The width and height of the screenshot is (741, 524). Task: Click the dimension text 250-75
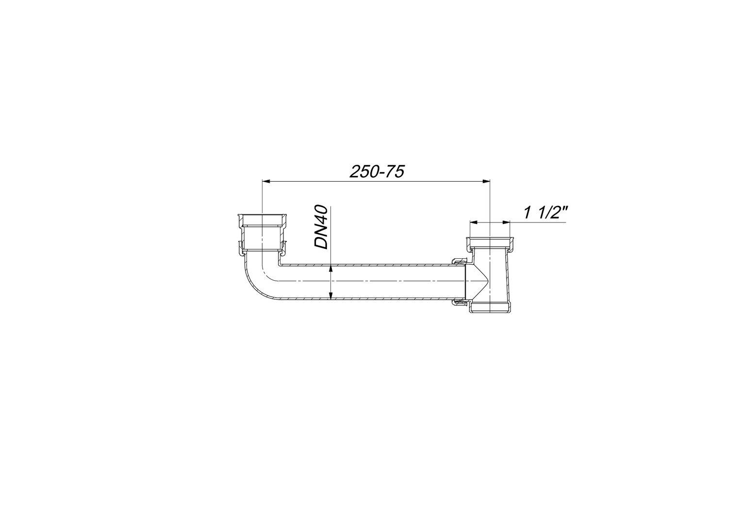[377, 172]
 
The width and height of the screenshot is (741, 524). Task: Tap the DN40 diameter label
[321, 227]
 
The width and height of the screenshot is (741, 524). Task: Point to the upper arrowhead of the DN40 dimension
[331, 270]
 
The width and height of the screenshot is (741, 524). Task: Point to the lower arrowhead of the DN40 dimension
[331, 294]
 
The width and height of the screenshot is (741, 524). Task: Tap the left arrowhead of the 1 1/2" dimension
[475, 222]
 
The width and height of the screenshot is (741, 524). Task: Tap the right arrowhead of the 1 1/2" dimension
[505, 222]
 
